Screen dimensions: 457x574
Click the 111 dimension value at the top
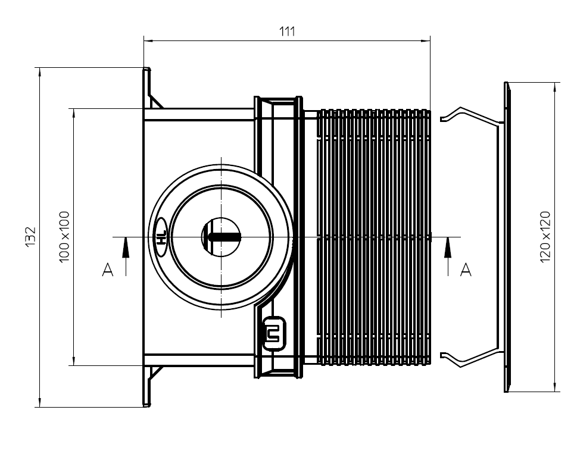pos(288,31)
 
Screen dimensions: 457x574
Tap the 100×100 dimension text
pos(65,237)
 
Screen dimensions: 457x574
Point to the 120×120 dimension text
pos(545,237)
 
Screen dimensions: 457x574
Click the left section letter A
pos(108,271)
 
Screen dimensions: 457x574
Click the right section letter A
pos(466,271)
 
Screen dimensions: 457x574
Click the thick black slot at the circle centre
pos(224,237)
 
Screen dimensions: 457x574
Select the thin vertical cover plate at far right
pos(507,237)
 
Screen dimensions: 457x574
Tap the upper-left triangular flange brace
pos(155,101)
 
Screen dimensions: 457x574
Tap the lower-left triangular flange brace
pos(155,374)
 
